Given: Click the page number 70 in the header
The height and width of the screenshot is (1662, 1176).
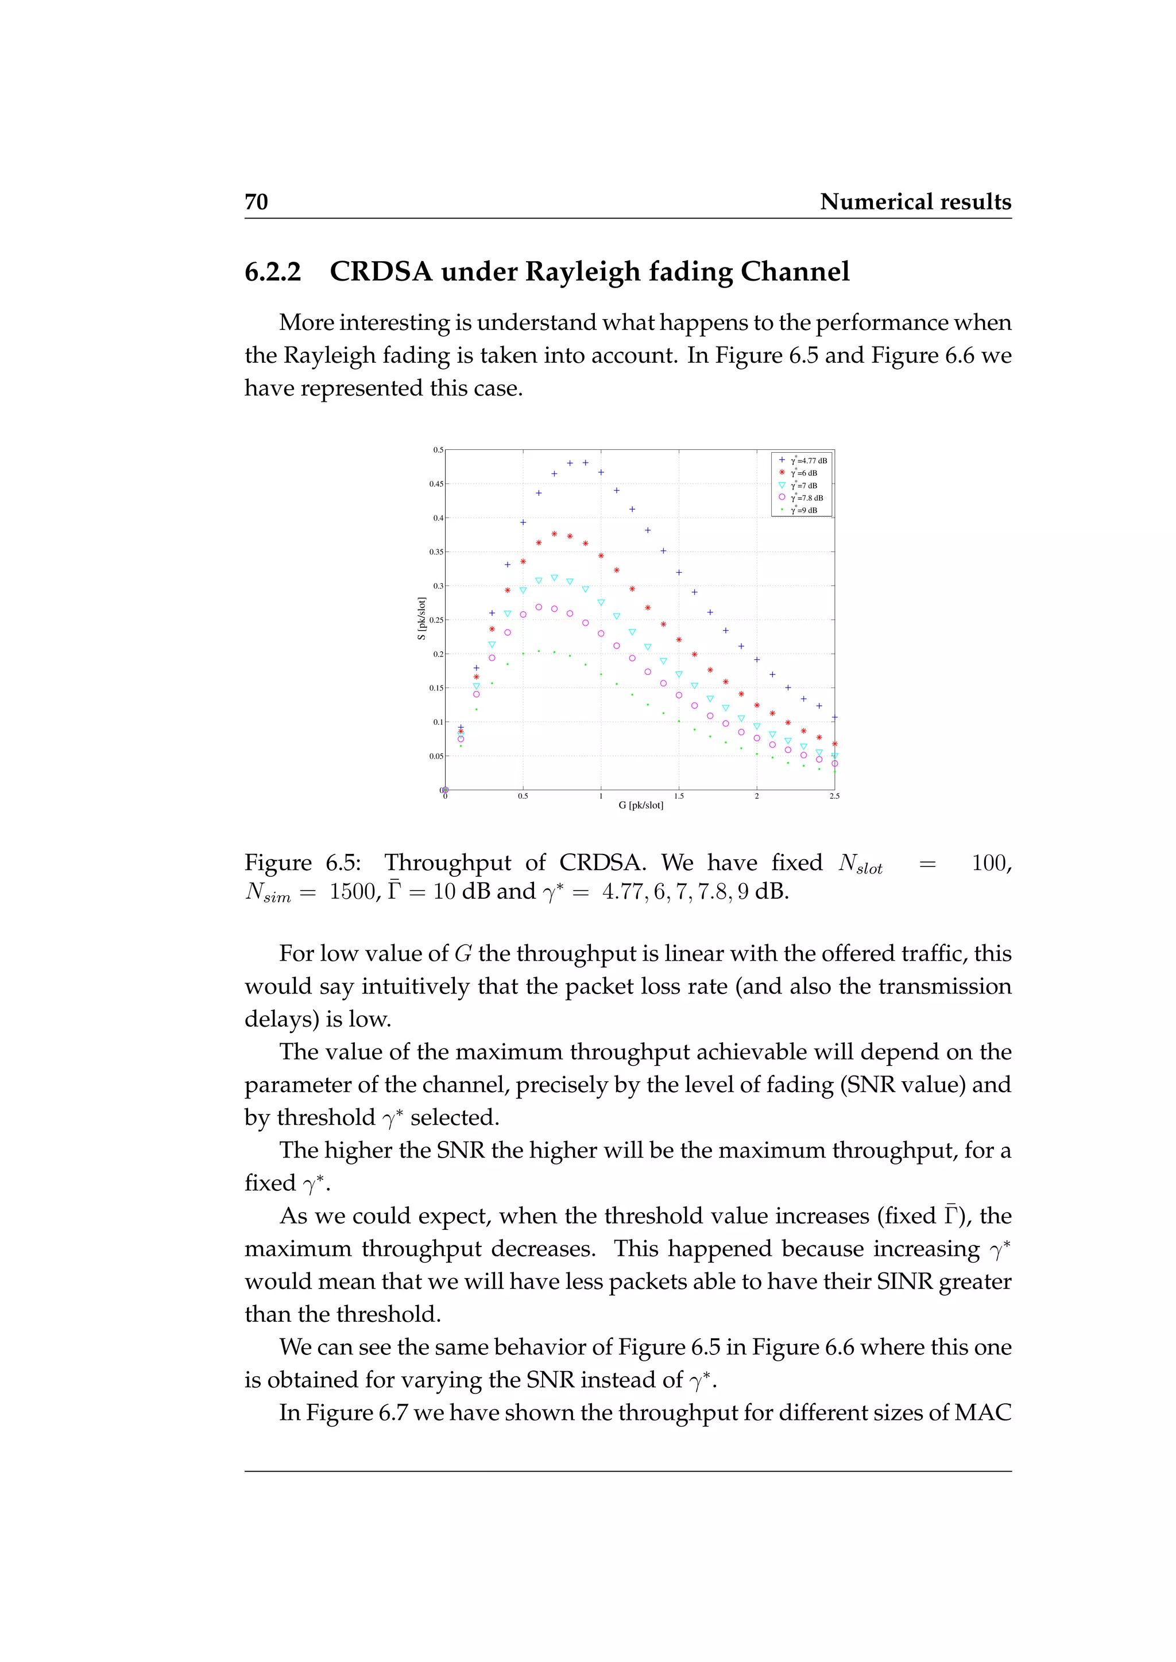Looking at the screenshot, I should [x=256, y=202].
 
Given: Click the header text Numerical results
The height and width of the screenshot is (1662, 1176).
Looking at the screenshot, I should [x=915, y=202].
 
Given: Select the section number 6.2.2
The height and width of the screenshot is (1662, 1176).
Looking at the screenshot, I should [x=272, y=272].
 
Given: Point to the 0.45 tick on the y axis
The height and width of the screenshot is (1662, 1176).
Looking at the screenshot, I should [x=436, y=484].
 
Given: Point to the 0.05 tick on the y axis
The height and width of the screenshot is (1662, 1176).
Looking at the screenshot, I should [x=436, y=756].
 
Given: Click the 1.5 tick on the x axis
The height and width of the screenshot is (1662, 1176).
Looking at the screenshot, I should [x=679, y=796].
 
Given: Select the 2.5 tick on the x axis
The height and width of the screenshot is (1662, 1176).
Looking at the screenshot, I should [x=834, y=796].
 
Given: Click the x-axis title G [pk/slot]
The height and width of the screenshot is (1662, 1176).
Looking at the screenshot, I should [x=641, y=806].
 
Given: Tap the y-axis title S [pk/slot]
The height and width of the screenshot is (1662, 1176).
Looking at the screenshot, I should [x=421, y=618].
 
